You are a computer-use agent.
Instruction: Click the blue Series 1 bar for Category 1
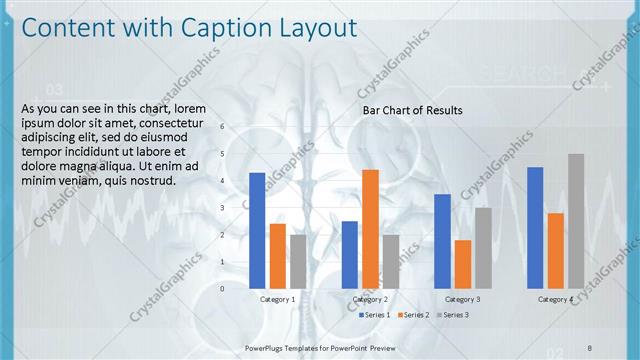click(x=257, y=231)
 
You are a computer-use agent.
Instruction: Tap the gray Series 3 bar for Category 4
click(x=575, y=221)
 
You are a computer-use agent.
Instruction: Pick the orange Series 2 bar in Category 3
click(x=462, y=264)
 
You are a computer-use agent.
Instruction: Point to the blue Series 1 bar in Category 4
click(x=535, y=228)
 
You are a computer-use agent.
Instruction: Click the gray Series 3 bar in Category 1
click(x=298, y=261)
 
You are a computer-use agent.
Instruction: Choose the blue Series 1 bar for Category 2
click(x=349, y=255)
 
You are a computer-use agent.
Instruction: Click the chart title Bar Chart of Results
click(x=412, y=110)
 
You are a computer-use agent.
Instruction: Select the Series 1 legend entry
click(x=374, y=315)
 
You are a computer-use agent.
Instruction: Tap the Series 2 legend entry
click(x=413, y=315)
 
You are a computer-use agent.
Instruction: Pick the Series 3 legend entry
click(x=452, y=315)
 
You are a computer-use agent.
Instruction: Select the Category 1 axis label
click(x=277, y=299)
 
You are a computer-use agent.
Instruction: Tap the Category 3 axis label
click(x=462, y=299)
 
